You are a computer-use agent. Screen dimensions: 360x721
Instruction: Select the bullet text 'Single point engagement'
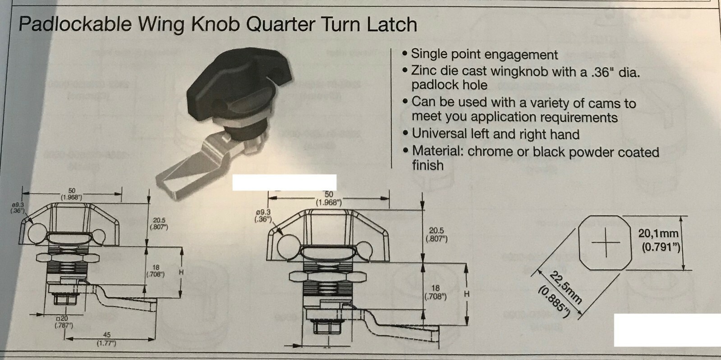tap(484, 55)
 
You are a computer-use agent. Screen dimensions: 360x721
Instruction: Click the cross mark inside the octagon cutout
tap(606, 242)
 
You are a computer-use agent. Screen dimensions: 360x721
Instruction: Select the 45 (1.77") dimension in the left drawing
tap(107, 339)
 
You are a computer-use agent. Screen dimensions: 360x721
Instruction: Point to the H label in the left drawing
tap(181, 272)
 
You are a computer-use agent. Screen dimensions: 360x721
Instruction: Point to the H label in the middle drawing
tap(467, 294)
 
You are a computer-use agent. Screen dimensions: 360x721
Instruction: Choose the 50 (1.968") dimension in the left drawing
tap(72, 194)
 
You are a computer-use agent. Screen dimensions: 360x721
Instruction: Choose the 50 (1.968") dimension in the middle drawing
tap(329, 198)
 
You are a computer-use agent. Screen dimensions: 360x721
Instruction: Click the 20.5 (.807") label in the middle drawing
tap(436, 234)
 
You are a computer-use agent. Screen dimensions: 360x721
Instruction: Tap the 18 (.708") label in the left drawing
tap(156, 271)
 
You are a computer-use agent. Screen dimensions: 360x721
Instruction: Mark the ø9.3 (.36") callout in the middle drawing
tap(262, 215)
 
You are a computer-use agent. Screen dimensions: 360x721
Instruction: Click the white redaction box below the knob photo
tap(284, 182)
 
